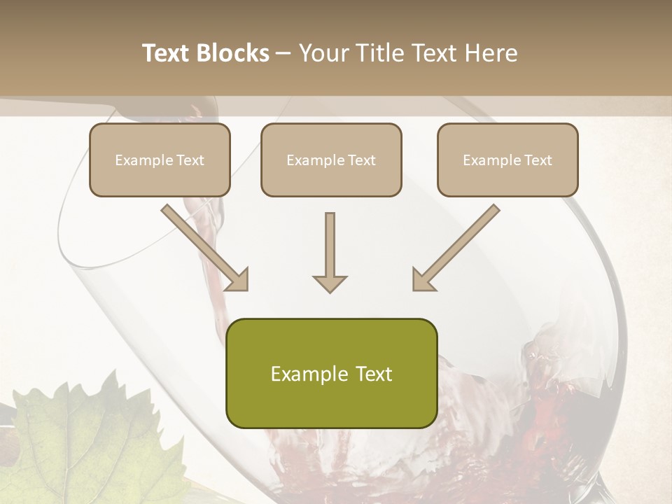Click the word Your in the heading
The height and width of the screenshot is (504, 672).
[322, 53]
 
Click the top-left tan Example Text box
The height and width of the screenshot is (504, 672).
[160, 160]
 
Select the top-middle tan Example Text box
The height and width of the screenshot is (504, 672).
[331, 160]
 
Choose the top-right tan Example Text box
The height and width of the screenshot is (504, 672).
[507, 160]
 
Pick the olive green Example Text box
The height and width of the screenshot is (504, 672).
[331, 373]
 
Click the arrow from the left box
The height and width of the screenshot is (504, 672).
[203, 246]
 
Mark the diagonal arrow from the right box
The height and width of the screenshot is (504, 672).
[458, 246]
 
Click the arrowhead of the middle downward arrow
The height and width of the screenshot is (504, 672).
[330, 283]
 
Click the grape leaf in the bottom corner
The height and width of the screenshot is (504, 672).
[77, 441]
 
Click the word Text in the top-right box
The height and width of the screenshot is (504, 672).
[538, 160]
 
